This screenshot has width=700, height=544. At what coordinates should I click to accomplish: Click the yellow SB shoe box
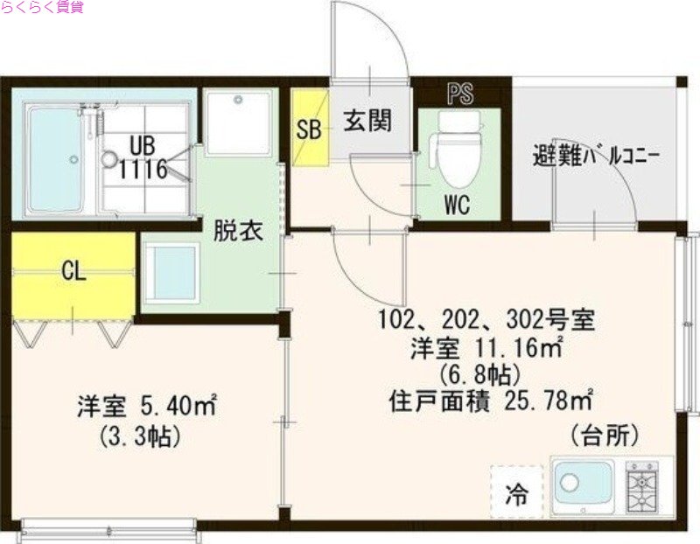pos(309,129)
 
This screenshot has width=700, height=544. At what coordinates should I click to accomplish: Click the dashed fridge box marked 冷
pos(519,493)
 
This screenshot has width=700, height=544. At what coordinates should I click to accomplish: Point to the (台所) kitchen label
pos(603,434)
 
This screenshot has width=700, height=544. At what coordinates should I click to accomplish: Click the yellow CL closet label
pos(73,271)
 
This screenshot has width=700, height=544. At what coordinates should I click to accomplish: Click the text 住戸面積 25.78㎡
pos(490,402)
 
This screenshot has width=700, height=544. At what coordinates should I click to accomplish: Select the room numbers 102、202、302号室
pos(486,319)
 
